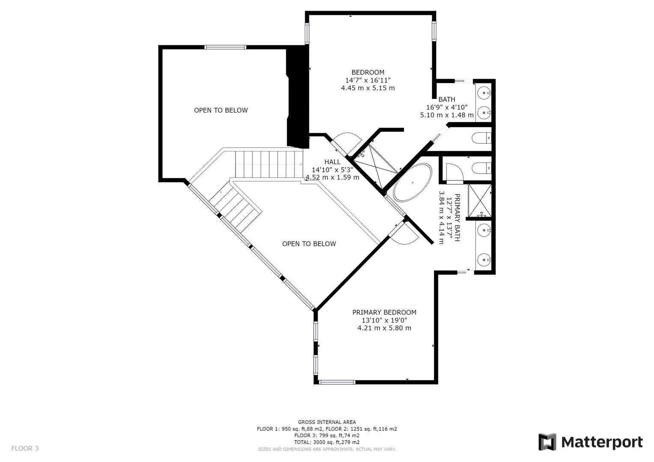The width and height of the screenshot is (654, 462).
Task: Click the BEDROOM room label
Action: pyautogui.click(x=368, y=72)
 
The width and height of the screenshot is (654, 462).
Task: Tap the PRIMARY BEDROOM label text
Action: pyautogui.click(x=384, y=312)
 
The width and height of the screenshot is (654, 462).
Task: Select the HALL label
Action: pyautogui.click(x=332, y=162)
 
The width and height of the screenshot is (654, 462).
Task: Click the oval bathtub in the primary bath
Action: pyautogui.click(x=412, y=182)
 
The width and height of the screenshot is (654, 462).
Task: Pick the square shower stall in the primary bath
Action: pyautogui.click(x=479, y=200)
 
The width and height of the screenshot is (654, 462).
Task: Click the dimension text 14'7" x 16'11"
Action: pyautogui.click(x=368, y=80)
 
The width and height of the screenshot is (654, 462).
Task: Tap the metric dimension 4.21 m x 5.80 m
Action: pyautogui.click(x=384, y=328)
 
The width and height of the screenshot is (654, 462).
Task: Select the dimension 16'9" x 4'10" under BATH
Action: pyautogui.click(x=446, y=107)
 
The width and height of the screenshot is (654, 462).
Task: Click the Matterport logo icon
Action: pyautogui.click(x=547, y=442)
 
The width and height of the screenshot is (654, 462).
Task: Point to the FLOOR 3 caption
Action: pyautogui.click(x=25, y=448)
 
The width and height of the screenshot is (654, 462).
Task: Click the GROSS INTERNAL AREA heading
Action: pyautogui.click(x=327, y=422)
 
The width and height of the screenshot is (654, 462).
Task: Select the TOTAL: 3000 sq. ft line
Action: pyautogui.click(x=327, y=442)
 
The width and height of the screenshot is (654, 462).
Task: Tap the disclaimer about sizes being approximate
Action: pyautogui.click(x=327, y=449)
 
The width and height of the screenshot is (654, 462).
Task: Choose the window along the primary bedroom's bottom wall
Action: pyautogui.click(x=337, y=382)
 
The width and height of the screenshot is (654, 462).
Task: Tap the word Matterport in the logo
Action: pyautogui.click(x=601, y=442)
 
